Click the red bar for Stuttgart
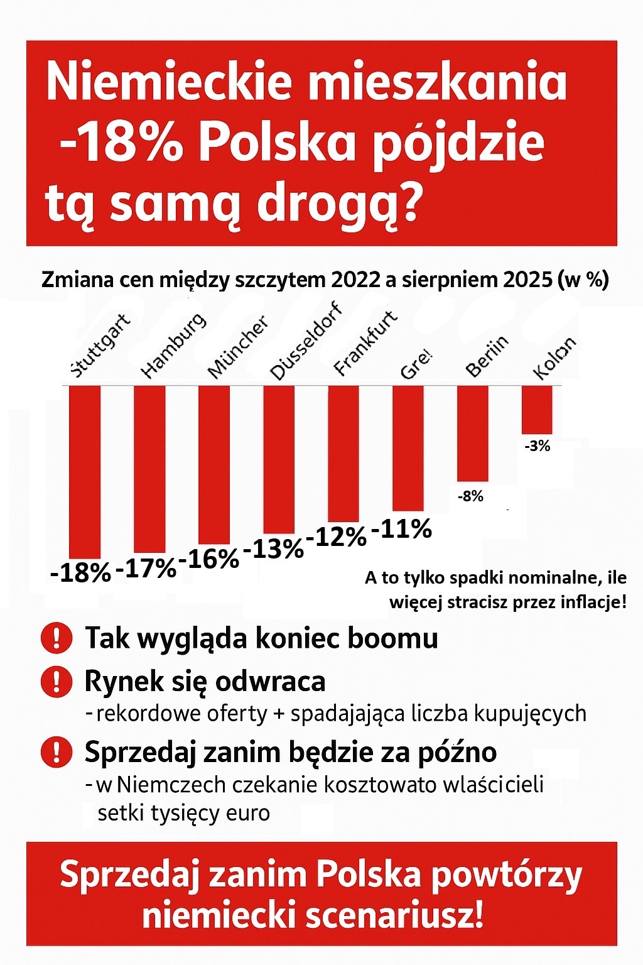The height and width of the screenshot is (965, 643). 85,471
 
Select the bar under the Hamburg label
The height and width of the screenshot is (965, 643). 150,468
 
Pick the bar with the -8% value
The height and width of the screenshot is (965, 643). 473,433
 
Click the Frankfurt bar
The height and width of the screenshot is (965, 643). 343,452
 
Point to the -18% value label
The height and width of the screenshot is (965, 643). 80,572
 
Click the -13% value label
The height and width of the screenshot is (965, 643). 273,548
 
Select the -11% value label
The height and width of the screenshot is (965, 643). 402,529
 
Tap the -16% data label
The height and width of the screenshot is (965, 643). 209,559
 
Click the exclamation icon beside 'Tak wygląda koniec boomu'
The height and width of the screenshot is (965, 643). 57,638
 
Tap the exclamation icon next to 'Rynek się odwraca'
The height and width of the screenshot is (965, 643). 57,681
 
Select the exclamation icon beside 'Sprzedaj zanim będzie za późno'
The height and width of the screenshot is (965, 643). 57,751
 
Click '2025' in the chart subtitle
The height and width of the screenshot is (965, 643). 527,280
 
